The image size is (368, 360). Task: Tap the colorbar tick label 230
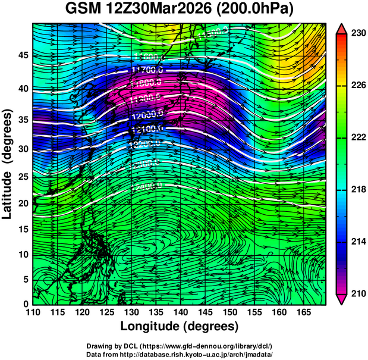pyautogui.click(x=357, y=34)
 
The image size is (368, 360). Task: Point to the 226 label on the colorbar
pyautogui.click(x=357, y=86)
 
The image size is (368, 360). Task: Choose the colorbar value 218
pyautogui.click(x=357, y=190)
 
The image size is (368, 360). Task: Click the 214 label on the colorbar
pyautogui.click(x=357, y=242)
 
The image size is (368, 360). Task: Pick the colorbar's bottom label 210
pyautogui.click(x=357, y=293)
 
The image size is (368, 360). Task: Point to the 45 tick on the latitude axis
pyautogui.click(x=23, y=55)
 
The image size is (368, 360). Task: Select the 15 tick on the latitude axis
pyautogui.click(x=23, y=228)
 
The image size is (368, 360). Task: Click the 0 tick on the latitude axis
pyautogui.click(x=26, y=303)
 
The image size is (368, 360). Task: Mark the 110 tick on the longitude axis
pyautogui.click(x=33, y=312)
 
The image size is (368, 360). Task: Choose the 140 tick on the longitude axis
pyautogui.click(x=180, y=312)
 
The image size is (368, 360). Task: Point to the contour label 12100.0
pyautogui.click(x=146, y=129)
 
